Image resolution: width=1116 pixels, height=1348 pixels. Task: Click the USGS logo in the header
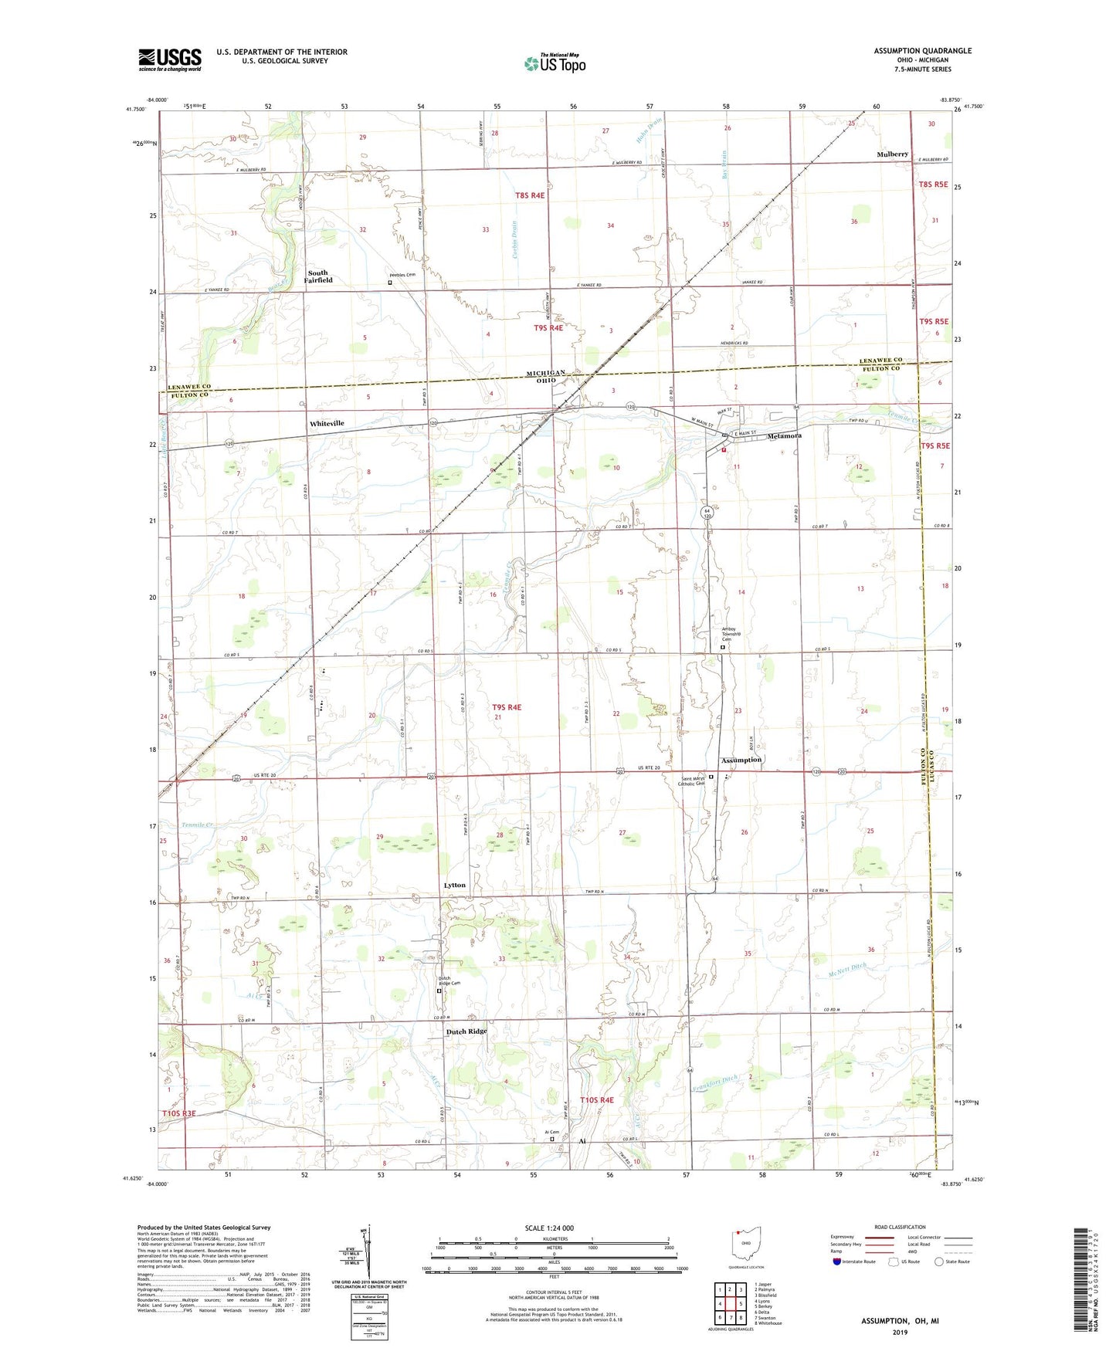[x=170, y=59]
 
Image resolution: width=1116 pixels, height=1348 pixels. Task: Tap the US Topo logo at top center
[x=555, y=63]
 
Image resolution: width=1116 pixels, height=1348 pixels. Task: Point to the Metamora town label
[x=784, y=436]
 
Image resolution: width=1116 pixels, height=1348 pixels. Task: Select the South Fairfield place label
[x=318, y=276]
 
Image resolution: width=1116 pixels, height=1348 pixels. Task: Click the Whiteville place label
[x=327, y=423]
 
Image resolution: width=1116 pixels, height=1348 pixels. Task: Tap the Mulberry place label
[x=892, y=154]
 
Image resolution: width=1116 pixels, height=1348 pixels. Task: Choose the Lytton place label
[x=455, y=885]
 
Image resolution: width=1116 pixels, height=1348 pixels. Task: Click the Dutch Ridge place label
[x=466, y=1031]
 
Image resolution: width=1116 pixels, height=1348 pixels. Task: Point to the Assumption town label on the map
[x=741, y=760]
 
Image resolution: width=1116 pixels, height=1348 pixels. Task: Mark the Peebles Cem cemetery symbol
[x=390, y=283]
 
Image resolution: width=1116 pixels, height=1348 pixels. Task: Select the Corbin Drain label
[x=514, y=239]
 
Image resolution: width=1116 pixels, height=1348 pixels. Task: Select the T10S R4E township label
[x=596, y=1099]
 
